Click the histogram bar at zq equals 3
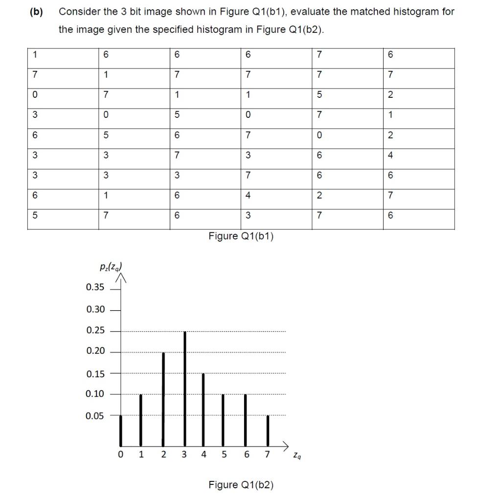(185, 387)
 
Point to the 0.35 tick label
(95, 287)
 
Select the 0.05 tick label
(95, 416)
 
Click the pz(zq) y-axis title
(111, 268)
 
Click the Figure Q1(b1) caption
(241, 236)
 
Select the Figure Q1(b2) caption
(241, 485)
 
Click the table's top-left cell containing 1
(35, 55)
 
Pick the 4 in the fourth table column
(249, 196)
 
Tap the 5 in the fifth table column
(319, 95)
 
